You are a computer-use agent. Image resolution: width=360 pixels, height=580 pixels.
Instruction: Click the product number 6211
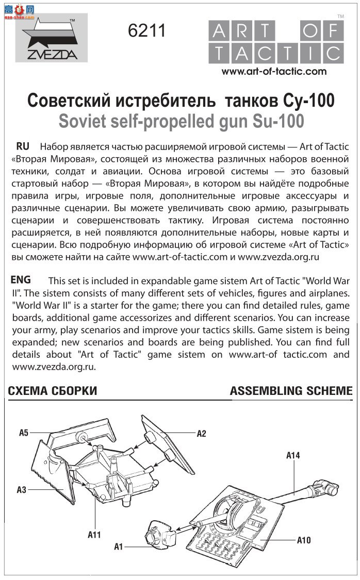pos(147,31)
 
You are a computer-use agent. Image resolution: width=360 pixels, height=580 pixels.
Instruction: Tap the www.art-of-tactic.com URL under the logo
pos(274,72)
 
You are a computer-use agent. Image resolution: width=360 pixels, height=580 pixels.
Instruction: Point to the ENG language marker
pos(21,280)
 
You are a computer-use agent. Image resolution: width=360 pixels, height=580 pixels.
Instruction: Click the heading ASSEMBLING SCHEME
pos(291,391)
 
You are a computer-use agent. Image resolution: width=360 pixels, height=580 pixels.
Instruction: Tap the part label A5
pos(24,432)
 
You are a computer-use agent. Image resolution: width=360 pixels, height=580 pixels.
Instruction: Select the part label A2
pos(201,434)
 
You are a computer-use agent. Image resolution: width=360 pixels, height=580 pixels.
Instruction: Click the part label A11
pos(94,535)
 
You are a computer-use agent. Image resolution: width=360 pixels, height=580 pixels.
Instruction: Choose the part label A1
pos(119,546)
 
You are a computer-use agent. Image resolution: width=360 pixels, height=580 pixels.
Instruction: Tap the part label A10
pos(304,540)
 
